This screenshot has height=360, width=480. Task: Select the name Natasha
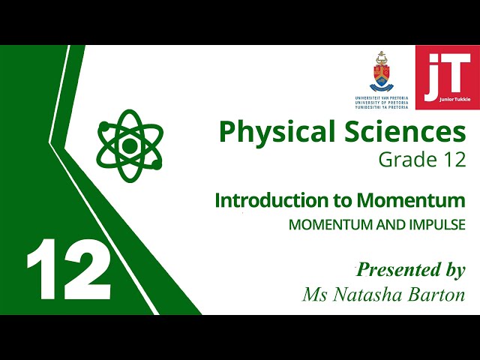[369, 295]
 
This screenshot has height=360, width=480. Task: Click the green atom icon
[130, 145]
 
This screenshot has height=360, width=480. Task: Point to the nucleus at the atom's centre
[130, 145]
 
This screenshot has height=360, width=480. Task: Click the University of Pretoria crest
[382, 73]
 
